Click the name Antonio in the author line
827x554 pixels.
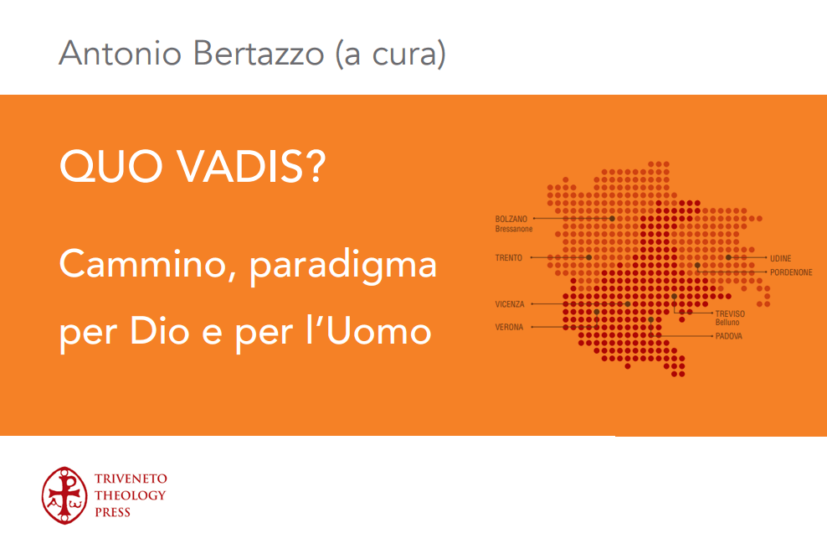[121, 54]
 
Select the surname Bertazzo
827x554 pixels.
[259, 54]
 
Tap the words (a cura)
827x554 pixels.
[391, 54]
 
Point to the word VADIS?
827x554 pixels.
[250, 166]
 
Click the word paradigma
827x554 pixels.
[343, 267]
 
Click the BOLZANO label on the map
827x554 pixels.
[511, 219]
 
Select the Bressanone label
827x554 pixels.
[514, 229]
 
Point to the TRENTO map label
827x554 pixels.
[508, 258]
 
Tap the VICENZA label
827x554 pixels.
[510, 304]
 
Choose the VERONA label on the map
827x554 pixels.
[509, 328]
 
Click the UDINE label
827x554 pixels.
[781, 258]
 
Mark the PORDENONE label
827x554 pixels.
[791, 272]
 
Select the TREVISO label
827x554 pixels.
[730, 313]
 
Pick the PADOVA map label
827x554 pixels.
[729, 336]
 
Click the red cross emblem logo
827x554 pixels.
[64, 495]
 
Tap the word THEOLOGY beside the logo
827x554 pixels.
[131, 495]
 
